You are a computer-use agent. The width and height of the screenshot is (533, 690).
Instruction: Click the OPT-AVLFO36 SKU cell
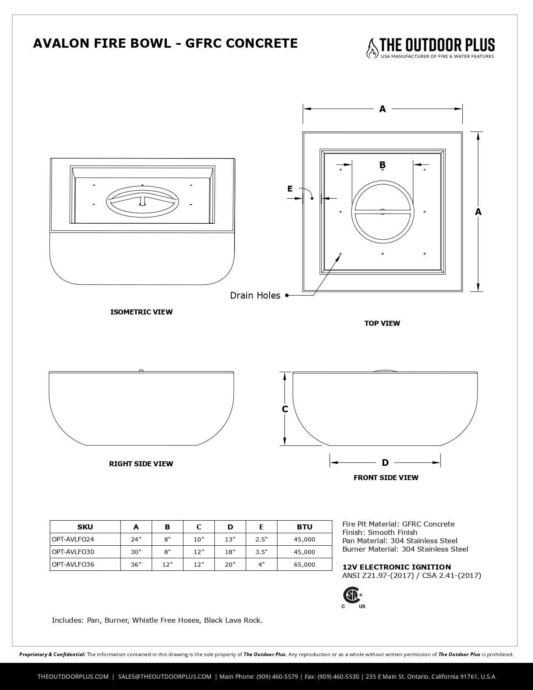pyautogui.click(x=73, y=565)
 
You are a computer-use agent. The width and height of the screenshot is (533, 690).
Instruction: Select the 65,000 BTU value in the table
pyautogui.click(x=304, y=565)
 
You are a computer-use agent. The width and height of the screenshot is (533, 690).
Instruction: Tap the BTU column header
pyautogui.click(x=304, y=527)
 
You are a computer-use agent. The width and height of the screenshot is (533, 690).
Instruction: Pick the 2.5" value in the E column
pyautogui.click(x=261, y=539)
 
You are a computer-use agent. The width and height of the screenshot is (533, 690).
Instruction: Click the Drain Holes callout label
pyautogui.click(x=255, y=296)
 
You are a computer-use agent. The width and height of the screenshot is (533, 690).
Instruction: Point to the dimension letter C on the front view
pyautogui.click(x=285, y=409)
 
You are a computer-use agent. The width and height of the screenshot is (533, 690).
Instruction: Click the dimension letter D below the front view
pyautogui.click(x=385, y=463)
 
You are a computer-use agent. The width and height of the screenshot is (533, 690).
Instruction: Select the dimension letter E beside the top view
pyautogui.click(x=290, y=189)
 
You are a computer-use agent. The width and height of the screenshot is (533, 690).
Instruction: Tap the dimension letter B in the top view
pyautogui.click(x=382, y=165)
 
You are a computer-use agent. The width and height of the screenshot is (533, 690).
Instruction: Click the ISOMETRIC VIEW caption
pyautogui.click(x=141, y=312)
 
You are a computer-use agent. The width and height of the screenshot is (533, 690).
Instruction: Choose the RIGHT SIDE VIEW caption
pyautogui.click(x=141, y=464)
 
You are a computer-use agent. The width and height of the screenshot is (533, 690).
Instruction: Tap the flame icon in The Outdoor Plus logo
pyautogui.click(x=371, y=48)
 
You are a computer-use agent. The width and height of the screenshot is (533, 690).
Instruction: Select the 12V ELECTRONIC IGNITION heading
pyautogui.click(x=396, y=567)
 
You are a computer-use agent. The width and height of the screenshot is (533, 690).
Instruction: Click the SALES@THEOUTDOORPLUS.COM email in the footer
pyautogui.click(x=165, y=677)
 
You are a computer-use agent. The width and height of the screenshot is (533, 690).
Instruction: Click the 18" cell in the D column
pyautogui.click(x=230, y=552)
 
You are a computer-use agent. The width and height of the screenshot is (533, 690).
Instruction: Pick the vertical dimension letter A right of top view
pyautogui.click(x=478, y=212)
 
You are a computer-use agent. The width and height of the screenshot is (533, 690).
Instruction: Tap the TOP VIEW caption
pyautogui.click(x=382, y=323)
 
